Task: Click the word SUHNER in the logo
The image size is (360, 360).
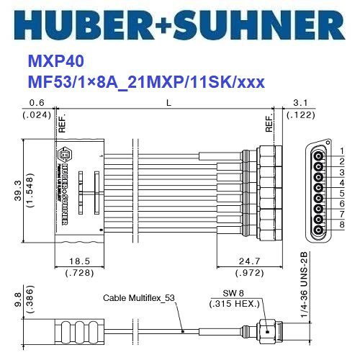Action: pos(268,25)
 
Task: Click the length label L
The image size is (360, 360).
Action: pos(168,104)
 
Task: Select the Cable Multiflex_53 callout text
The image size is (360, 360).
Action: pos(139,297)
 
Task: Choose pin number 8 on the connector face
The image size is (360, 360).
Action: pos(343,225)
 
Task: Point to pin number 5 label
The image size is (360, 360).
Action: pos(343,193)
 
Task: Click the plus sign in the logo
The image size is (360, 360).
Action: pos(177,26)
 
